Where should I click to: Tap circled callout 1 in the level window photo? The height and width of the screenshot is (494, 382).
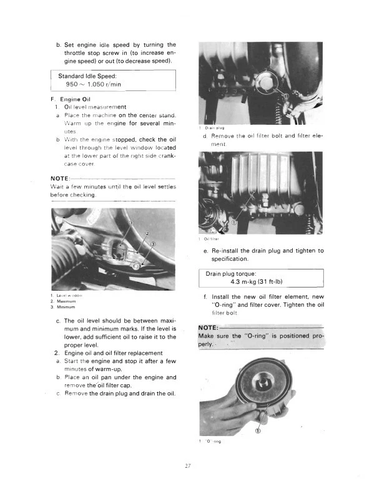[x=131, y=224]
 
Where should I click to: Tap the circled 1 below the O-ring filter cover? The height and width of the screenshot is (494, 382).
[x=258, y=430]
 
